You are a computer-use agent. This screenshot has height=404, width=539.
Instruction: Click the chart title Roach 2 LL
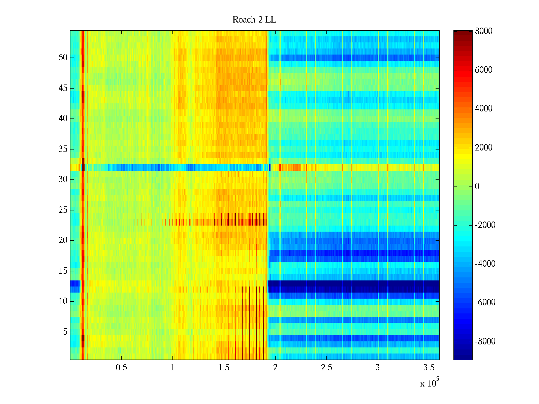click(x=254, y=20)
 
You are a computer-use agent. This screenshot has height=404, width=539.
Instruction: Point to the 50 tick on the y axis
click(x=63, y=58)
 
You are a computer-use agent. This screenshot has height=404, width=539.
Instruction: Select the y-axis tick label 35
click(x=63, y=149)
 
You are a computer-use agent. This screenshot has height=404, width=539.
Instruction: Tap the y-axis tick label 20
click(x=63, y=240)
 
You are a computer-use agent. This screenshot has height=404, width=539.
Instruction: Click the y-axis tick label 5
click(x=65, y=332)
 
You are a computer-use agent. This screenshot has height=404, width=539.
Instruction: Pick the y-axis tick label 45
click(x=63, y=88)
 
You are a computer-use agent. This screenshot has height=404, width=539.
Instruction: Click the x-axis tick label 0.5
click(x=121, y=368)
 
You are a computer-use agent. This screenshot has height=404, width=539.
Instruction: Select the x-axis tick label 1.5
click(x=224, y=368)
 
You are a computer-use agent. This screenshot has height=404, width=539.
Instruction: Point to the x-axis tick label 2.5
click(x=326, y=368)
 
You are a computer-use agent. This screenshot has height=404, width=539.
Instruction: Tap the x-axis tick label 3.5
click(x=429, y=368)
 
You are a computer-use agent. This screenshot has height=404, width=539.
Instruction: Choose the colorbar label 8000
click(x=484, y=31)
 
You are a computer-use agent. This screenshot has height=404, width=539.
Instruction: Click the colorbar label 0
click(x=477, y=187)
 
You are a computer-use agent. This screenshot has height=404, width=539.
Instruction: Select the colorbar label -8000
click(x=485, y=342)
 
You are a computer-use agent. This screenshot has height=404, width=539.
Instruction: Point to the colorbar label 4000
click(x=484, y=109)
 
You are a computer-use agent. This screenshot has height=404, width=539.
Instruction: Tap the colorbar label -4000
click(x=485, y=264)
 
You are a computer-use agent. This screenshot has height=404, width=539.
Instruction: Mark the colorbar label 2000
click(x=484, y=147)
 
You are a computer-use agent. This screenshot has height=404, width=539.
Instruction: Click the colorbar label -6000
click(x=485, y=303)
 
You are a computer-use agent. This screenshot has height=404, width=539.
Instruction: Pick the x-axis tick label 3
click(x=377, y=368)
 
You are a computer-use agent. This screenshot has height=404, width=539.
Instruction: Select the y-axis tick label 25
click(x=63, y=210)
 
